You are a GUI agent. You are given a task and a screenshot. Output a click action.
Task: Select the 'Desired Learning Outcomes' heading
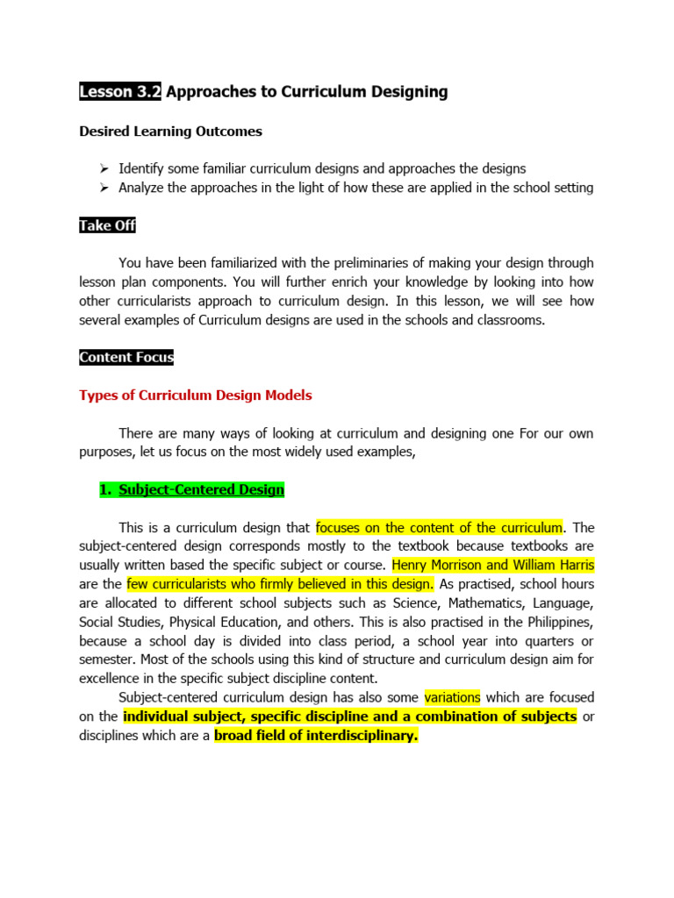pos(170,132)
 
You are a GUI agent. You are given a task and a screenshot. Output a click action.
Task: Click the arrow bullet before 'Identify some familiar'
pos(104,168)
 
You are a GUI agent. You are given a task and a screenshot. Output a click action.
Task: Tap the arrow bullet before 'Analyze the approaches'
pos(104,188)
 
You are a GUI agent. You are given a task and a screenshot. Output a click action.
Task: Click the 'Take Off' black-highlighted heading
pos(107,225)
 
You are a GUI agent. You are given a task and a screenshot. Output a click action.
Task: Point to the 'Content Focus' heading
pos(126,357)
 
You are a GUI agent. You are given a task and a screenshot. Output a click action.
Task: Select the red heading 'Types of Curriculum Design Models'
pos(195,396)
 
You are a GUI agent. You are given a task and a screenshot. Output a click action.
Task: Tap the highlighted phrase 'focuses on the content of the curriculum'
pos(439,528)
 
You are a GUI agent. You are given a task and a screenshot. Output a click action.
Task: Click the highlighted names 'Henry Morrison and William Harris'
pos(493,566)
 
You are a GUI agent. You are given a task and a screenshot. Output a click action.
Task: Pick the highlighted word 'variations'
pos(453,697)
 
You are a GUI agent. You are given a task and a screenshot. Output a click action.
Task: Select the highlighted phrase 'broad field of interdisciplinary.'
pos(316,736)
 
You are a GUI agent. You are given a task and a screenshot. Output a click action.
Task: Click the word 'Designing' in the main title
pos(405,91)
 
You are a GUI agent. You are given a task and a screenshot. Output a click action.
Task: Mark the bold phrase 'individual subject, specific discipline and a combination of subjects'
pos(349,716)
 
